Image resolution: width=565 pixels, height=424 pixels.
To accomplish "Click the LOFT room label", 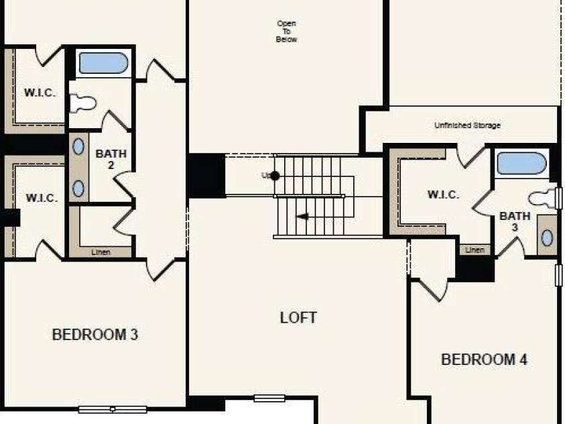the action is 298,317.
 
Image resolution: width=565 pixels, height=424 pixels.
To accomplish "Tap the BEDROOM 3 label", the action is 95,335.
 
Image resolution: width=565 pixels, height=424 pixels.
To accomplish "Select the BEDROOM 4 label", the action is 484,360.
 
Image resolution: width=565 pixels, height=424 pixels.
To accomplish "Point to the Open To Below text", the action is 286,32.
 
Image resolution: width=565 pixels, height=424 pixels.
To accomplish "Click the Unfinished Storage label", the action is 467,125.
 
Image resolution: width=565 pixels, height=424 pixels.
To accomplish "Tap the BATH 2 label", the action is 111,159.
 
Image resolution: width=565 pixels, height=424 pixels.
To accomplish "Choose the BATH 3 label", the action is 515,221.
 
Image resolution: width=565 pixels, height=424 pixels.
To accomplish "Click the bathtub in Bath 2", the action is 103,63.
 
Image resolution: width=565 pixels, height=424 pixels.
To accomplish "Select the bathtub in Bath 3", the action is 521,163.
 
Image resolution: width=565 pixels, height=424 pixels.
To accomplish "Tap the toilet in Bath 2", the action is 83,103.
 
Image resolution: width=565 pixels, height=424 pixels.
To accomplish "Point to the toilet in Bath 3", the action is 543,199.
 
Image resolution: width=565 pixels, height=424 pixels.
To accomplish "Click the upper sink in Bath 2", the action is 78,147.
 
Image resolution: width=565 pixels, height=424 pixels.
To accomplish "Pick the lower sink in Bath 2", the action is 78,189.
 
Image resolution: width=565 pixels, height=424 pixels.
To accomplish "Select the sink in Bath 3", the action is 547,238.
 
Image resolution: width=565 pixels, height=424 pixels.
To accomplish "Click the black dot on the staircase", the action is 275,176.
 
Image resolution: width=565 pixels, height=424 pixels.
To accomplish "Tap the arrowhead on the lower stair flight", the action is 302,216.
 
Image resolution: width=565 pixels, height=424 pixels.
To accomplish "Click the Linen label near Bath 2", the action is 101,252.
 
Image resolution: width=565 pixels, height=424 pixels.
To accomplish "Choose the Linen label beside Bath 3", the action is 475,250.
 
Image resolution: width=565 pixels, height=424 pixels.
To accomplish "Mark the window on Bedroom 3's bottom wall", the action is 113,409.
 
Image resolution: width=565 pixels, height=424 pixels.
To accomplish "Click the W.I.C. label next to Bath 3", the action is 443,195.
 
